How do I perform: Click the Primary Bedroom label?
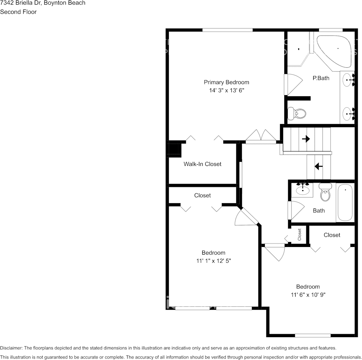(226, 82)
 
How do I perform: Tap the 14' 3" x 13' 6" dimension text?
(226, 91)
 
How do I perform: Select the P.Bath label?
(321, 78)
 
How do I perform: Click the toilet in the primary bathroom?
(297, 113)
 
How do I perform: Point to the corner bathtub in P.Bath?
(334, 51)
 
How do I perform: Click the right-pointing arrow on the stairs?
(306, 139)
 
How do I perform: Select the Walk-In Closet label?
(202, 164)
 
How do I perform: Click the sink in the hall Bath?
(303, 190)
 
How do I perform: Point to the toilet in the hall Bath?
(325, 193)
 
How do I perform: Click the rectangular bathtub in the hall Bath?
(345, 202)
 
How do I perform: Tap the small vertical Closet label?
(300, 234)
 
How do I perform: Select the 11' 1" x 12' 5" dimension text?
(213, 261)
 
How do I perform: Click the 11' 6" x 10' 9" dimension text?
(308, 295)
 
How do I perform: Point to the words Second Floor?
(18, 12)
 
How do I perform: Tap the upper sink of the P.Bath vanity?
(348, 80)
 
